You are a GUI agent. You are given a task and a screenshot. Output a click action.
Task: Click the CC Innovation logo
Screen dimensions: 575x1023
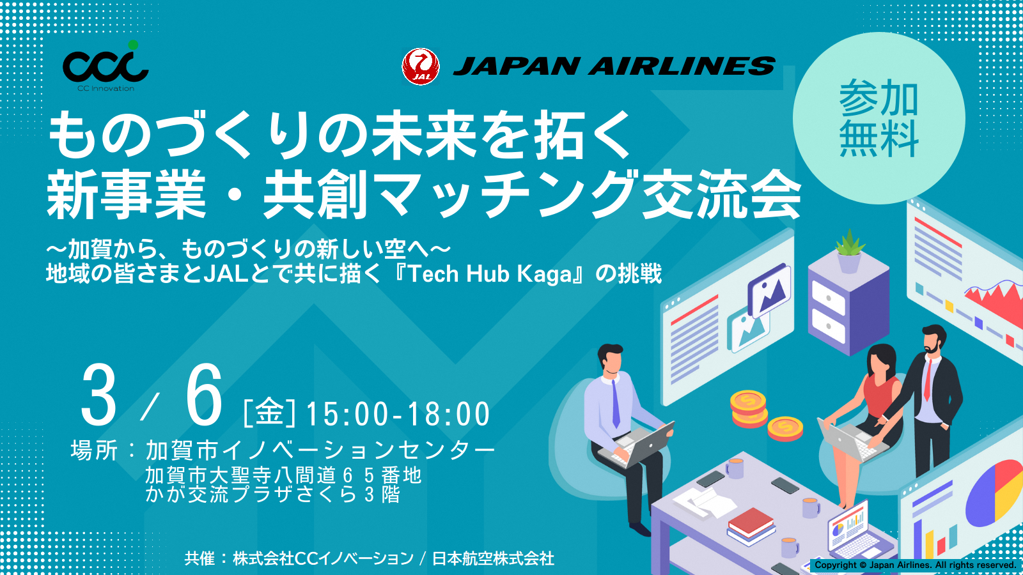pyautogui.click(x=105, y=66)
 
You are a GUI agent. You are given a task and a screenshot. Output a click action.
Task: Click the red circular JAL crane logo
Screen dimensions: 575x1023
pyautogui.click(x=420, y=66)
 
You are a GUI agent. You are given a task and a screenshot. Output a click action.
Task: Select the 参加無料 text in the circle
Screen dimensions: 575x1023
pyautogui.click(x=879, y=118)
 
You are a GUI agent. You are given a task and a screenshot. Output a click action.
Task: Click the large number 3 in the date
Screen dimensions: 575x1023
pyautogui.click(x=99, y=396)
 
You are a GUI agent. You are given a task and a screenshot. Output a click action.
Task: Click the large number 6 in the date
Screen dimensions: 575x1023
pyautogui.click(x=204, y=396)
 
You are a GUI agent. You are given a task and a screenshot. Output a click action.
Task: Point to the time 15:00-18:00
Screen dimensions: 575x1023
pyautogui.click(x=398, y=414)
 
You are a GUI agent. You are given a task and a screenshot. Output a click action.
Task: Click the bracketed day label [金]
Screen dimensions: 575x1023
pyautogui.click(x=270, y=413)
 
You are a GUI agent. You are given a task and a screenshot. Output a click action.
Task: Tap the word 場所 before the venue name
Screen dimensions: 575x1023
pyautogui.click(x=94, y=450)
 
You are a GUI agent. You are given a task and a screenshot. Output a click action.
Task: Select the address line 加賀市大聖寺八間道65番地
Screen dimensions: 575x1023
pyautogui.click(x=283, y=475)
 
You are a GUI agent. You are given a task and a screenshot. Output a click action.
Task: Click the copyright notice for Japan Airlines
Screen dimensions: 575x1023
pyautogui.click(x=915, y=565)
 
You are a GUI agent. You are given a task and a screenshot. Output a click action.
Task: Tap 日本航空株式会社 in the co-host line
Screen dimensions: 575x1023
pyautogui.click(x=493, y=558)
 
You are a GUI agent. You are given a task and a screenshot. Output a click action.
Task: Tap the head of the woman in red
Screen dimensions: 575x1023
pyautogui.click(x=882, y=362)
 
